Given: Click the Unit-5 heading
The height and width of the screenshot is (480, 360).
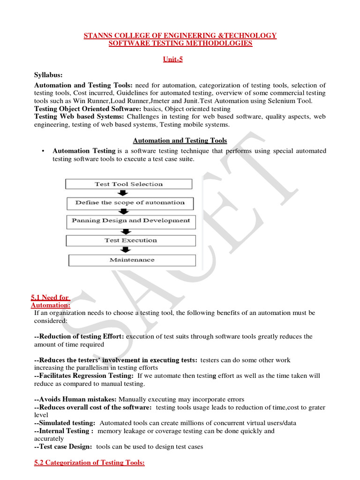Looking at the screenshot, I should [180, 60].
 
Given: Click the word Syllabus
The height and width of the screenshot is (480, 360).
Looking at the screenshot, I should [48, 75].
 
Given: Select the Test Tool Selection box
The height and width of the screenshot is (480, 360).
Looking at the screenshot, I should [128, 184].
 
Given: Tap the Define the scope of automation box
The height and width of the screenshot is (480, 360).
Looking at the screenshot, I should [130, 203].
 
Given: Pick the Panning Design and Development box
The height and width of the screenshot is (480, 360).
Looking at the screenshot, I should [131, 221].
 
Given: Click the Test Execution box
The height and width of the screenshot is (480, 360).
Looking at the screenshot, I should [131, 240].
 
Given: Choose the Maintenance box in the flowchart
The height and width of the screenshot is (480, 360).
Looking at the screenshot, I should [132, 260].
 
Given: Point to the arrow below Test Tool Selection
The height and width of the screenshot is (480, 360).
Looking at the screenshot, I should [122, 194].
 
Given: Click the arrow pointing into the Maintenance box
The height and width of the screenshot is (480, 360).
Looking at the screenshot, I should [126, 250].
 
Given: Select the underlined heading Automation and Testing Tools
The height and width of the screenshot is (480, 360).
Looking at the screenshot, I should [180, 141].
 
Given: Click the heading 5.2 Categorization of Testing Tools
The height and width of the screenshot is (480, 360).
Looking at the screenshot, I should [90, 463].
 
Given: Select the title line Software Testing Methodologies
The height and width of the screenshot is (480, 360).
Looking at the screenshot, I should [180, 44].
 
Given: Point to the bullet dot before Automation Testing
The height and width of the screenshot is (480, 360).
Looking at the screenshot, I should [43, 151].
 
